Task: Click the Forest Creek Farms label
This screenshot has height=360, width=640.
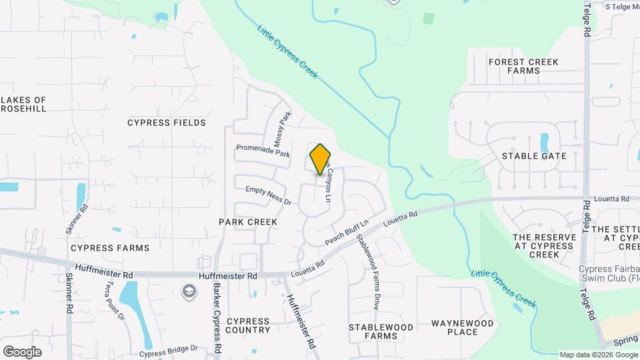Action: [x=523, y=66]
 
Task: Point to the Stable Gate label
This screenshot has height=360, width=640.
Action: [x=534, y=156]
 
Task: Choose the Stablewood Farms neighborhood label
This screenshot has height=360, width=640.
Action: [x=381, y=331]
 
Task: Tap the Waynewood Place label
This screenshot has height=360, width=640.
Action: [x=463, y=327]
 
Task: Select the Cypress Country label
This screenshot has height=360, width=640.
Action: [x=248, y=325]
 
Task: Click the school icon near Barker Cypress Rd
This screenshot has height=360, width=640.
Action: [x=189, y=291]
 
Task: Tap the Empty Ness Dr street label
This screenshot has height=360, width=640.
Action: [x=269, y=195]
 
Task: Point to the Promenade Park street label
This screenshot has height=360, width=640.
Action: [x=263, y=151]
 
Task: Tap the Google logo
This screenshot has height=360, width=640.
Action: [x=22, y=351]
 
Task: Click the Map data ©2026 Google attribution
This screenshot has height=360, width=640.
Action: [x=598, y=355]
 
